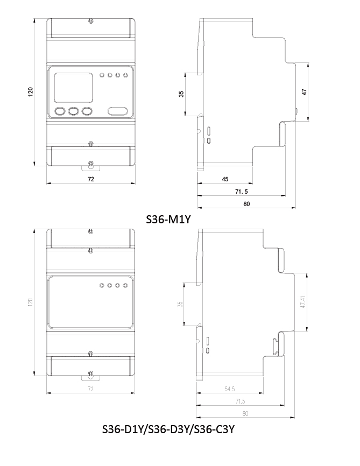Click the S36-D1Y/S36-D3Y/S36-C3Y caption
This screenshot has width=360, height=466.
coord(168,430)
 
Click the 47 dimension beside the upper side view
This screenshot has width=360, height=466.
coord(304,91)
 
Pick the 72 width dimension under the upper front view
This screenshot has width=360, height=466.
coord(90,179)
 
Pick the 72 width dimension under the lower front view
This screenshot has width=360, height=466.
coord(90,389)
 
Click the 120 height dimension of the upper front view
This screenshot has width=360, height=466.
coord(31,92)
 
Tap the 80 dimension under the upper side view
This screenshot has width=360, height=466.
coord(246,204)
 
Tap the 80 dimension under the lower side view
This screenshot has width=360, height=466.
coord(246,414)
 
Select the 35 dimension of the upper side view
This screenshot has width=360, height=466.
coord(181,94)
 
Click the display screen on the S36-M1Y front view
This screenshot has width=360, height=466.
coord(73,86)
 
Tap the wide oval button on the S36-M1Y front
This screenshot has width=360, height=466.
coord(118,111)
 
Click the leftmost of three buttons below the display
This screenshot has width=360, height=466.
coord(60,111)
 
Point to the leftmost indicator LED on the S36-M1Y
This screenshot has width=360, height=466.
coord(102,75)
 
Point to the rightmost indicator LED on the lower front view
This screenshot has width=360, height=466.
coord(125,285)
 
